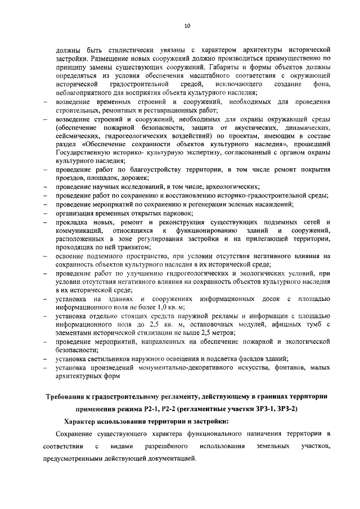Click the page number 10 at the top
point(187,25)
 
